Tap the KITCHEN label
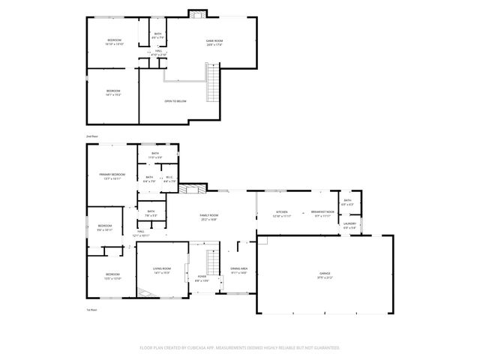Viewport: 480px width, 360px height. pyautogui.click(x=282, y=212)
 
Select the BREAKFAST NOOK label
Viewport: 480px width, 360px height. pyautogui.click(x=322, y=212)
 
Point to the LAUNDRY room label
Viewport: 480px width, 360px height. pyautogui.click(x=349, y=223)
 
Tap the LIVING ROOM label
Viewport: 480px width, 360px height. pyautogui.click(x=162, y=268)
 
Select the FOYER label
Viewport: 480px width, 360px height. pyautogui.click(x=202, y=277)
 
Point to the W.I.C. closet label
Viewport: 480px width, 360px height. pyautogui.click(x=170, y=178)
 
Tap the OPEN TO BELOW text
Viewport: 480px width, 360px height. pyautogui.click(x=175, y=100)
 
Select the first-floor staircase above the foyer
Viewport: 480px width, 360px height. pyautogui.click(x=213, y=260)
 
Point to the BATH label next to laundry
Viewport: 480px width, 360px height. pyautogui.click(x=347, y=200)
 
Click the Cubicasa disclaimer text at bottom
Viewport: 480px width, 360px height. pyautogui.click(x=239, y=347)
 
